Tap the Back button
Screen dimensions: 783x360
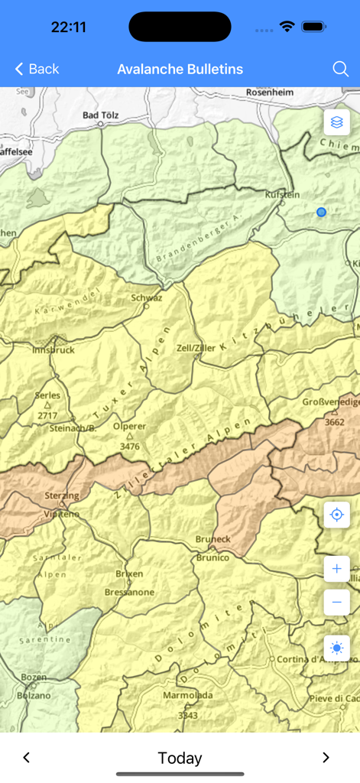coord(37,70)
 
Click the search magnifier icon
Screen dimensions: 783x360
coord(341,70)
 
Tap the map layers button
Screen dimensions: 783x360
coord(336,122)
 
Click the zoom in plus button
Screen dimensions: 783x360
coord(336,569)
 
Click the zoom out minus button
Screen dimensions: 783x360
coord(336,603)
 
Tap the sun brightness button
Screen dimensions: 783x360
coord(336,648)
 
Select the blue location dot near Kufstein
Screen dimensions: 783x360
coord(321,212)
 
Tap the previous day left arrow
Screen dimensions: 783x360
coord(27,758)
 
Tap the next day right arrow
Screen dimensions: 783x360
coord(326,758)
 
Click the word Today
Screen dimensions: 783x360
coord(180,758)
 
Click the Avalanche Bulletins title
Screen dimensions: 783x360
coord(180,70)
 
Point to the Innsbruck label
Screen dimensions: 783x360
coord(54,350)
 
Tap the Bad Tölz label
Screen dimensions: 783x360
coord(101,115)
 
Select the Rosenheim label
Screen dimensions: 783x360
coord(270,92)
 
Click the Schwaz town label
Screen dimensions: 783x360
coord(147,297)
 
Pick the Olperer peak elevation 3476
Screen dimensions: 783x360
coord(130,446)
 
